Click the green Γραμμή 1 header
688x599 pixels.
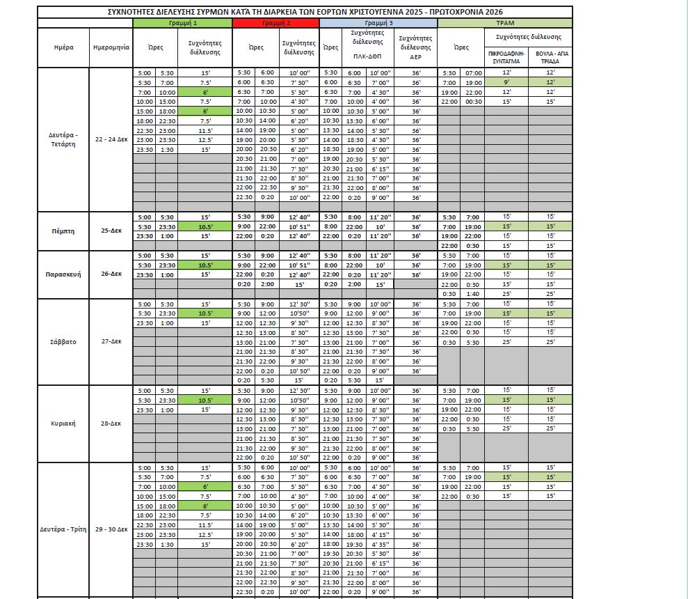coord(182,23)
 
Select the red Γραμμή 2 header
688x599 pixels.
coord(276,23)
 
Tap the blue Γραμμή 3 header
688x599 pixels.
coord(378,23)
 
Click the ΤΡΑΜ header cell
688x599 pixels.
coord(505,23)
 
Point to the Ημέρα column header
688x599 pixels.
coord(63,48)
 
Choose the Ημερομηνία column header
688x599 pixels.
coord(111,48)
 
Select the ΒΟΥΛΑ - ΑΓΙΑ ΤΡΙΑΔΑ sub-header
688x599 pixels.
coord(550,56)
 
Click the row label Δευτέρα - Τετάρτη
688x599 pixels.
coord(63,139)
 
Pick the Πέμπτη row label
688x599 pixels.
coord(63,231)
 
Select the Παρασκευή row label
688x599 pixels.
coord(63,274)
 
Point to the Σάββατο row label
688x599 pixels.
coord(63,342)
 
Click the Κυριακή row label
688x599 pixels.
coord(63,423)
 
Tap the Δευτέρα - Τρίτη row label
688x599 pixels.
coord(63,529)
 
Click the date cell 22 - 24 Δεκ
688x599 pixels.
coord(111,139)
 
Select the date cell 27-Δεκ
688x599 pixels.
coord(111,342)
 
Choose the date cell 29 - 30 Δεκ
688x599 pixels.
coord(111,529)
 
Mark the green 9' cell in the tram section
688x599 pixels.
coord(506,82)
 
